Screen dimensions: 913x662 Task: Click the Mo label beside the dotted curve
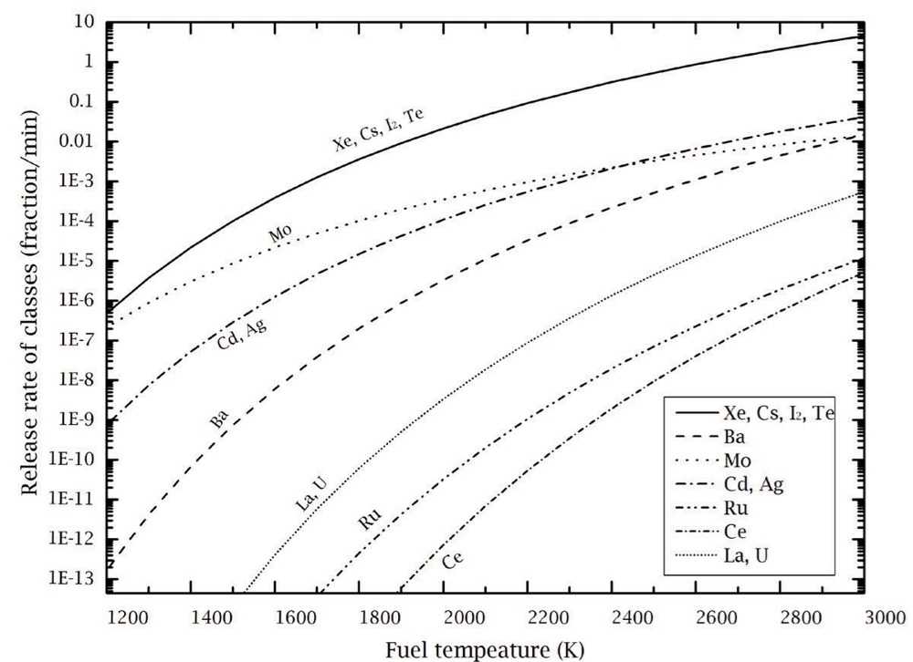coord(280,233)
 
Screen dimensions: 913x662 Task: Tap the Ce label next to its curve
coord(453,560)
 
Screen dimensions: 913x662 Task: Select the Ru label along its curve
coord(369,518)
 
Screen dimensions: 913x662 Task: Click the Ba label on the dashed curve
coord(219,419)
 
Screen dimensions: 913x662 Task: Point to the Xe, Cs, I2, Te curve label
coord(378,129)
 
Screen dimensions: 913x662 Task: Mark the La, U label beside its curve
coord(311,494)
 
